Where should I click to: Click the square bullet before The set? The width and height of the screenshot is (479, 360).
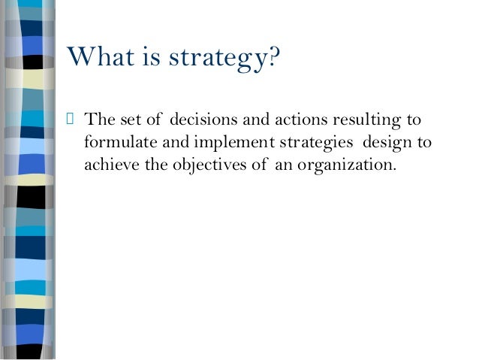[72, 120]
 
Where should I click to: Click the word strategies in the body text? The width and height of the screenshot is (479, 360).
[304, 143]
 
